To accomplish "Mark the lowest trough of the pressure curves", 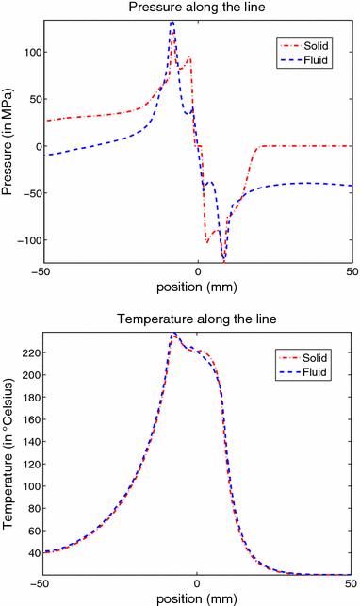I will (x=224, y=259).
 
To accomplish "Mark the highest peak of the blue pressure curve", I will (x=172, y=22).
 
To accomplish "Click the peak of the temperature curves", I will (x=172, y=334).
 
